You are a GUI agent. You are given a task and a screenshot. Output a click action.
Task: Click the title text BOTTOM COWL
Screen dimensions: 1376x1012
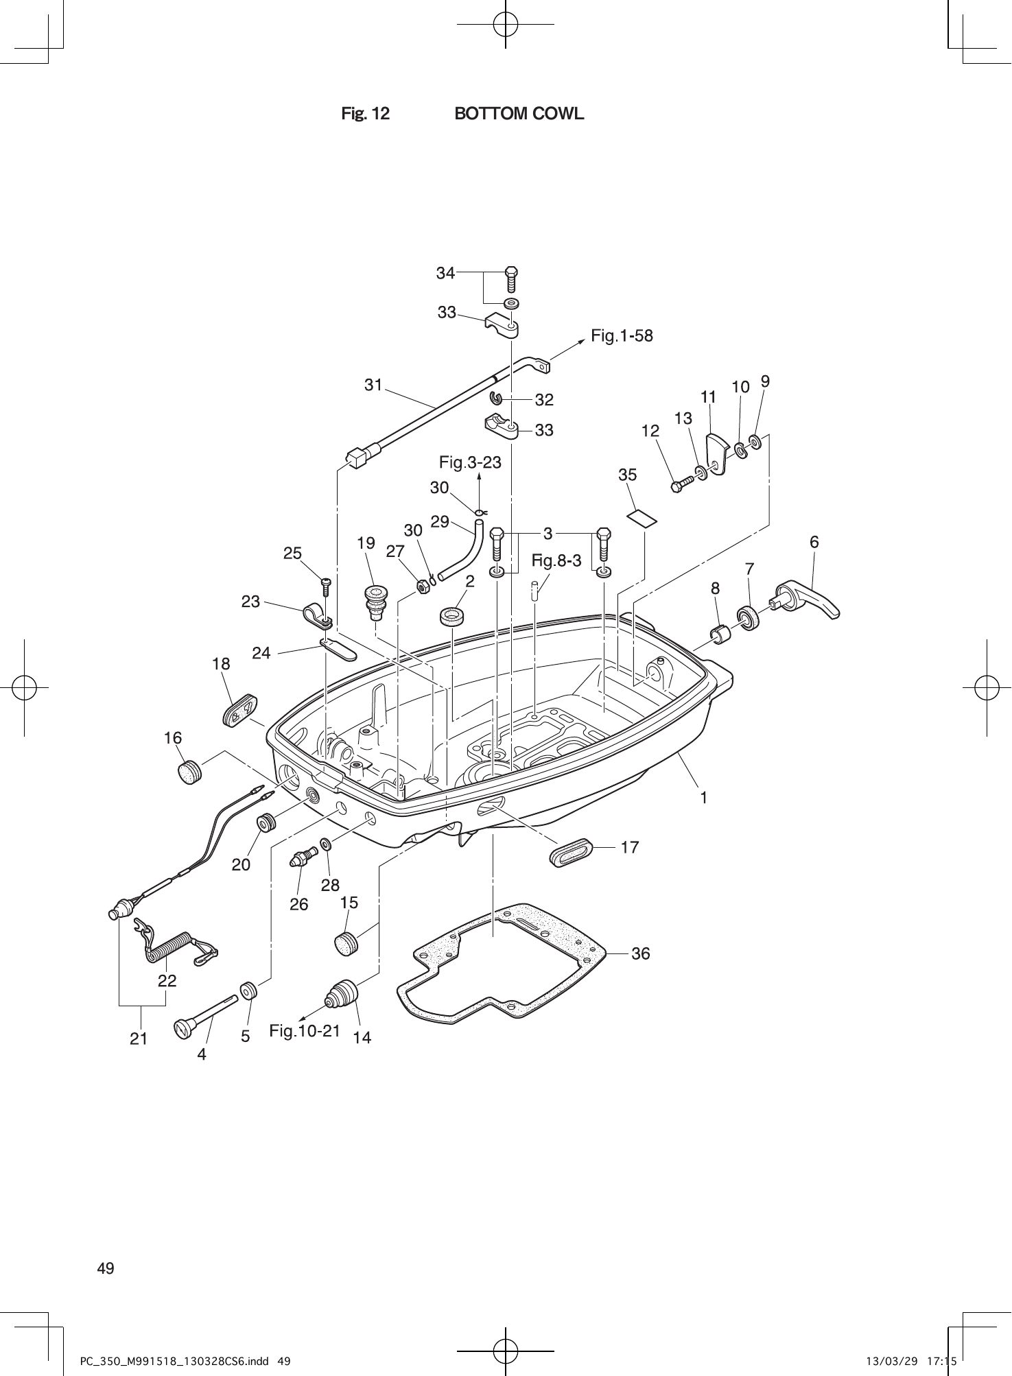coord(519,114)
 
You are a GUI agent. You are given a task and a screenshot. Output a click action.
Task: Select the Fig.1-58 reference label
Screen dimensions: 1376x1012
coord(622,336)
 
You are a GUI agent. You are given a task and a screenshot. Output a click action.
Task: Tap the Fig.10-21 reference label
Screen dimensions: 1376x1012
coord(305,1030)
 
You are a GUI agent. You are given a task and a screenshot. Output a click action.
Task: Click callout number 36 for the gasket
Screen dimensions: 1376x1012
coord(640,953)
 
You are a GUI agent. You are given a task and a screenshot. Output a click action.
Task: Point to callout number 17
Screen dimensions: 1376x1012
coord(629,847)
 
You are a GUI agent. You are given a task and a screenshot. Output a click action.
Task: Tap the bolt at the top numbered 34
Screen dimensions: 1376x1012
coord(511,279)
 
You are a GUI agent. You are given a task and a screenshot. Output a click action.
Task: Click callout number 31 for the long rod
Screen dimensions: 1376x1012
coord(373,385)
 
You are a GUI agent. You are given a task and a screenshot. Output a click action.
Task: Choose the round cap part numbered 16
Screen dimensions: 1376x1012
coord(189,772)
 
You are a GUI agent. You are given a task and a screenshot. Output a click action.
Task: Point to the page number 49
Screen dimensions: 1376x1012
coord(106,1268)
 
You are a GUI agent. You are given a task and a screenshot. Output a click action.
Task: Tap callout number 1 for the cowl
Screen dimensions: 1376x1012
coord(703,797)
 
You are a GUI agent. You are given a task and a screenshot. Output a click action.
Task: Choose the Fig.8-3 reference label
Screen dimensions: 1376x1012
coord(556,561)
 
